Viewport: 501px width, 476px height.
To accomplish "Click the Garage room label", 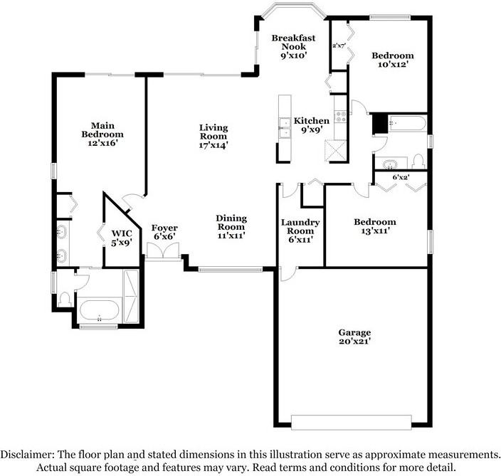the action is click(354, 337).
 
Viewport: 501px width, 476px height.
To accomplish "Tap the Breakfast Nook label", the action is click(293, 47).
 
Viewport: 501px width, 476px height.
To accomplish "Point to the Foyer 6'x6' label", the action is click(164, 232).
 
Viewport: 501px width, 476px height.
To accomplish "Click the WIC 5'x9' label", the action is click(122, 238).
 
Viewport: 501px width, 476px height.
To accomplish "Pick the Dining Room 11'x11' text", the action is click(231, 227).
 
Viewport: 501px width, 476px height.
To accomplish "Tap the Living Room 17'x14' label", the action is click(213, 136).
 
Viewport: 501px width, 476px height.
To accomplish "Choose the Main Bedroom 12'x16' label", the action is click(102, 134).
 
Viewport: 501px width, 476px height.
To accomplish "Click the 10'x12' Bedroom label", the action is click(393, 60).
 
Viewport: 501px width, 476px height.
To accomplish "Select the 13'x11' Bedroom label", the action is click(375, 226).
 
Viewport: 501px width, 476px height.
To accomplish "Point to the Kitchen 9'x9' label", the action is click(312, 125).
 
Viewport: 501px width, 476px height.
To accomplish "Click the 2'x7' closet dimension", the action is click(339, 46).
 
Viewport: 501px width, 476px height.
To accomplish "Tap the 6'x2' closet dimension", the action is click(401, 177).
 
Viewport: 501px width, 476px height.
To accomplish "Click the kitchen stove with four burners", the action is click(341, 116).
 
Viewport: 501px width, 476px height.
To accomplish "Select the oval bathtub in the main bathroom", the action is click(100, 310).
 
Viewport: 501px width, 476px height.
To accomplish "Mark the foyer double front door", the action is click(163, 251).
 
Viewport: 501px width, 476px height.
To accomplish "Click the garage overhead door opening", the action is click(351, 423).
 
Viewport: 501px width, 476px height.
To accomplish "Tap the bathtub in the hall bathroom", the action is click(407, 123).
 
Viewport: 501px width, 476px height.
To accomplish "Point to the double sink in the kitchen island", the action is click(285, 128).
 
